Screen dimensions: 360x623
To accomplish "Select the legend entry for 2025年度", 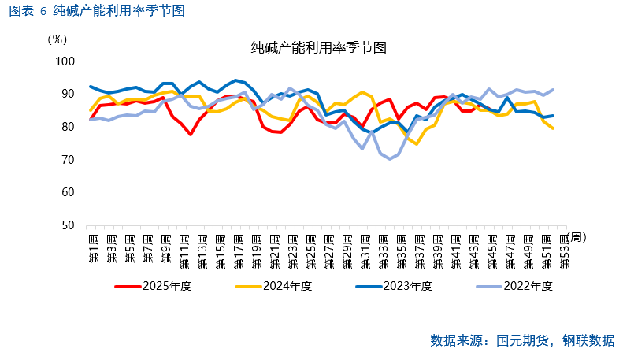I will tap(165, 285).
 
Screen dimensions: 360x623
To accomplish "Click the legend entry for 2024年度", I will tap(287, 285).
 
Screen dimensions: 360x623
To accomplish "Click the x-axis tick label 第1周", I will tap(93, 248).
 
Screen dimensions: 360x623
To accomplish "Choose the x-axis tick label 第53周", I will tap(562, 248).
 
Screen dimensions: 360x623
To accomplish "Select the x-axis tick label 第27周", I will tap(328, 248).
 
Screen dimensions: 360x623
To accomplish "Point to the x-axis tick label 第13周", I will tap(202, 248).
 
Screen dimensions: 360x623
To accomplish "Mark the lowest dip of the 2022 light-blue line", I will tap(390, 159).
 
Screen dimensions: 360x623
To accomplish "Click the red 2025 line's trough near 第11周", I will tap(191, 134).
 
